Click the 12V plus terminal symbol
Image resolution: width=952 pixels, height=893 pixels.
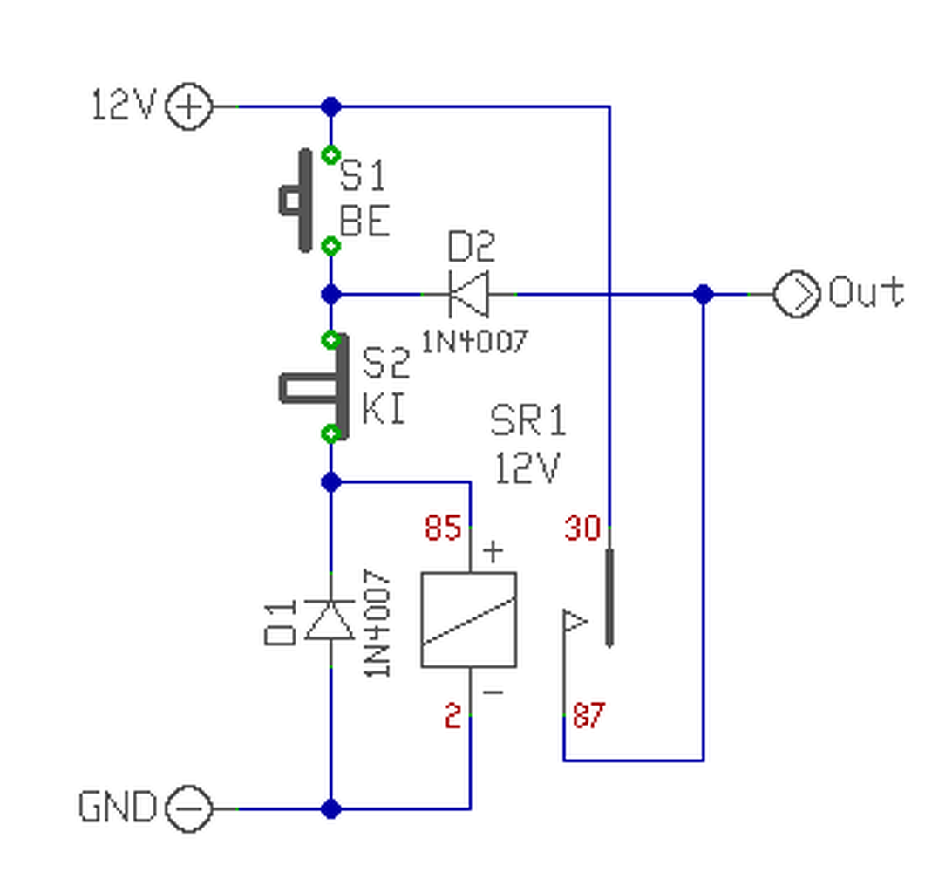[x=189, y=106]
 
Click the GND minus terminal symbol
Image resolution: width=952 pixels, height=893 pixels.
[x=189, y=808]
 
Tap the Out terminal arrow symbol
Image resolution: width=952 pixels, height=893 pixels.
[x=797, y=294]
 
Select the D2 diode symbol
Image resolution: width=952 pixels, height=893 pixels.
[x=468, y=294]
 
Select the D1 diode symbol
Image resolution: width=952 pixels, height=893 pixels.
[x=330, y=620]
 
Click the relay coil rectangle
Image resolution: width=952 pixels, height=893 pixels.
[x=469, y=620]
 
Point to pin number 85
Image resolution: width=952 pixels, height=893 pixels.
[x=443, y=528]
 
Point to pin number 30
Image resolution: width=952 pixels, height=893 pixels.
[x=583, y=528]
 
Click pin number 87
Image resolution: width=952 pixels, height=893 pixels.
[x=588, y=715]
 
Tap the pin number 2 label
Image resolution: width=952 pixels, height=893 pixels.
[x=453, y=715]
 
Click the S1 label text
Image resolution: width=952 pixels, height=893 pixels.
[x=363, y=175]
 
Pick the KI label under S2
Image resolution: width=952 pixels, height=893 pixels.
[x=383, y=407]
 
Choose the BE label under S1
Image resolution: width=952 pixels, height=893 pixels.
[x=364, y=221]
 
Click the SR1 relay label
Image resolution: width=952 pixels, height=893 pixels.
[x=527, y=419]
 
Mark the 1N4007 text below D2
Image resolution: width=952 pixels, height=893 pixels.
[x=475, y=341]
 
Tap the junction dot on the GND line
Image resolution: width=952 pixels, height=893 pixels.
[x=331, y=808]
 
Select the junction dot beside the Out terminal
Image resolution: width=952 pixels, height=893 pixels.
[x=703, y=294]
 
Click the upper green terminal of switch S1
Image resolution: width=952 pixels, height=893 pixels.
[x=331, y=155]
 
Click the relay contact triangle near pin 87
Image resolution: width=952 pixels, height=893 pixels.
[x=574, y=621]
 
